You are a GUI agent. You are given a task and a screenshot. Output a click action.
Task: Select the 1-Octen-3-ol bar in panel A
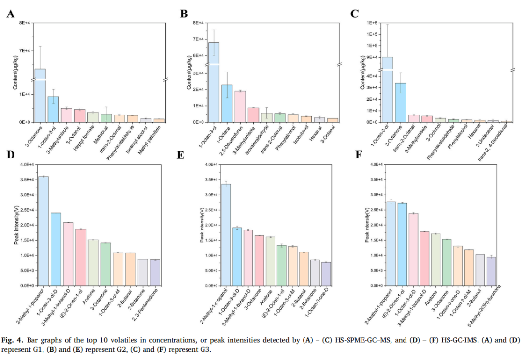(53, 109)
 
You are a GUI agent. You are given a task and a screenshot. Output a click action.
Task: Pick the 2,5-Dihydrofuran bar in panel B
(240, 106)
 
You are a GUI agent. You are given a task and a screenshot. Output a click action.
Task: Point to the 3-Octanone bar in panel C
(400, 102)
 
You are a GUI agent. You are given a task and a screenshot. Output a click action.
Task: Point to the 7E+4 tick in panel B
(198, 39)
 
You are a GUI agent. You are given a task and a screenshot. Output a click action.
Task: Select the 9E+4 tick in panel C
(370, 58)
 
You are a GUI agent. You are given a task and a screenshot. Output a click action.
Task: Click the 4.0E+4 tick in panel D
(26, 165)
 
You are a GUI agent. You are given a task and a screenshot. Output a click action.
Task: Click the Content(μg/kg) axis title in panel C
(362, 72)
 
